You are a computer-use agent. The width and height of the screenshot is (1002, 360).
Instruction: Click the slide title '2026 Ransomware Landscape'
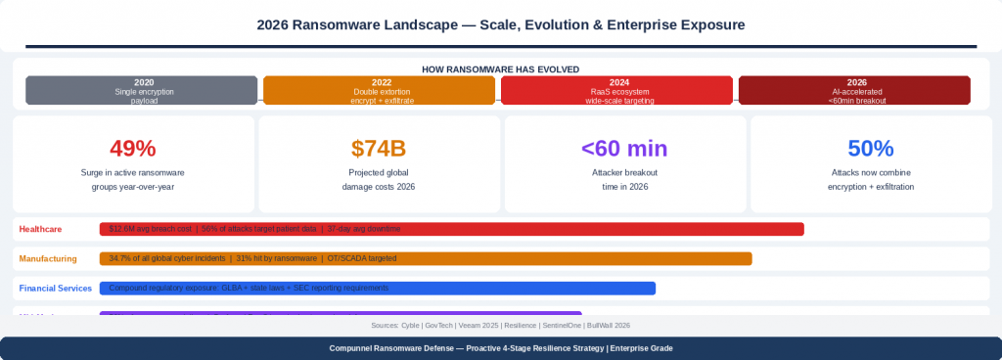pyautogui.click(x=500, y=23)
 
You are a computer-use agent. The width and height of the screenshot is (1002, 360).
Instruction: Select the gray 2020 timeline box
pyautogui.click(x=143, y=90)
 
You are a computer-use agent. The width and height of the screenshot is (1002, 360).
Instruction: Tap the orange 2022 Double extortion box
pyautogui.click(x=381, y=90)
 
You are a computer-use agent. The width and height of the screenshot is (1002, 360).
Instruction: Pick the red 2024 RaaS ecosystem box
pyautogui.click(x=617, y=90)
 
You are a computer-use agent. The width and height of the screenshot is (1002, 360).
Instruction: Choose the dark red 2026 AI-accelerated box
pyautogui.click(x=854, y=90)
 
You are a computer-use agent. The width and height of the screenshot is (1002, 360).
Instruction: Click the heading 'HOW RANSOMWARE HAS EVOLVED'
pyautogui.click(x=500, y=69)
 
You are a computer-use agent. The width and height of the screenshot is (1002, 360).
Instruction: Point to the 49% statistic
pyautogui.click(x=133, y=149)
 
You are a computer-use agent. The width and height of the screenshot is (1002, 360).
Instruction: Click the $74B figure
pyautogui.click(x=379, y=149)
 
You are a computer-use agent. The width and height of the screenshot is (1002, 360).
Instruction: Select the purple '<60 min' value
pyautogui.click(x=624, y=149)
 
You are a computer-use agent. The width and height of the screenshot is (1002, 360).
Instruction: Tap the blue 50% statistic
pyautogui.click(x=870, y=149)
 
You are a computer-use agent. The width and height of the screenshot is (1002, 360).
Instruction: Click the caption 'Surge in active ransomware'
pyautogui.click(x=133, y=171)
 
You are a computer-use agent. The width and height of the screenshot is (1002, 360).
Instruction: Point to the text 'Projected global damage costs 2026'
pyautogui.click(x=379, y=178)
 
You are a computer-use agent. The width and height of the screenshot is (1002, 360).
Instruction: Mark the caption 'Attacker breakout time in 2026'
pyautogui.click(x=624, y=178)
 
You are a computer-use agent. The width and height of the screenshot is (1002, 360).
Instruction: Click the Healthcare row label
pyautogui.click(x=40, y=229)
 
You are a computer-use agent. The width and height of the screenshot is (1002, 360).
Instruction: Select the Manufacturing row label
pyautogui.click(x=48, y=259)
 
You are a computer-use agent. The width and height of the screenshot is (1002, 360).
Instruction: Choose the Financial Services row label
pyautogui.click(x=56, y=289)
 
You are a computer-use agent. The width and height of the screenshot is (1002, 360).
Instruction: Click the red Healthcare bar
pyautogui.click(x=451, y=229)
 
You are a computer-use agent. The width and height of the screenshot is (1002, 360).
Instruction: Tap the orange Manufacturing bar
pyautogui.click(x=426, y=259)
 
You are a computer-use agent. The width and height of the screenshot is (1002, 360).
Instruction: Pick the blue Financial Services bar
pyautogui.click(x=378, y=289)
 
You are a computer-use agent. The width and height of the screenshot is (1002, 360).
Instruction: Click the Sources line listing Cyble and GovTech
pyautogui.click(x=500, y=325)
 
